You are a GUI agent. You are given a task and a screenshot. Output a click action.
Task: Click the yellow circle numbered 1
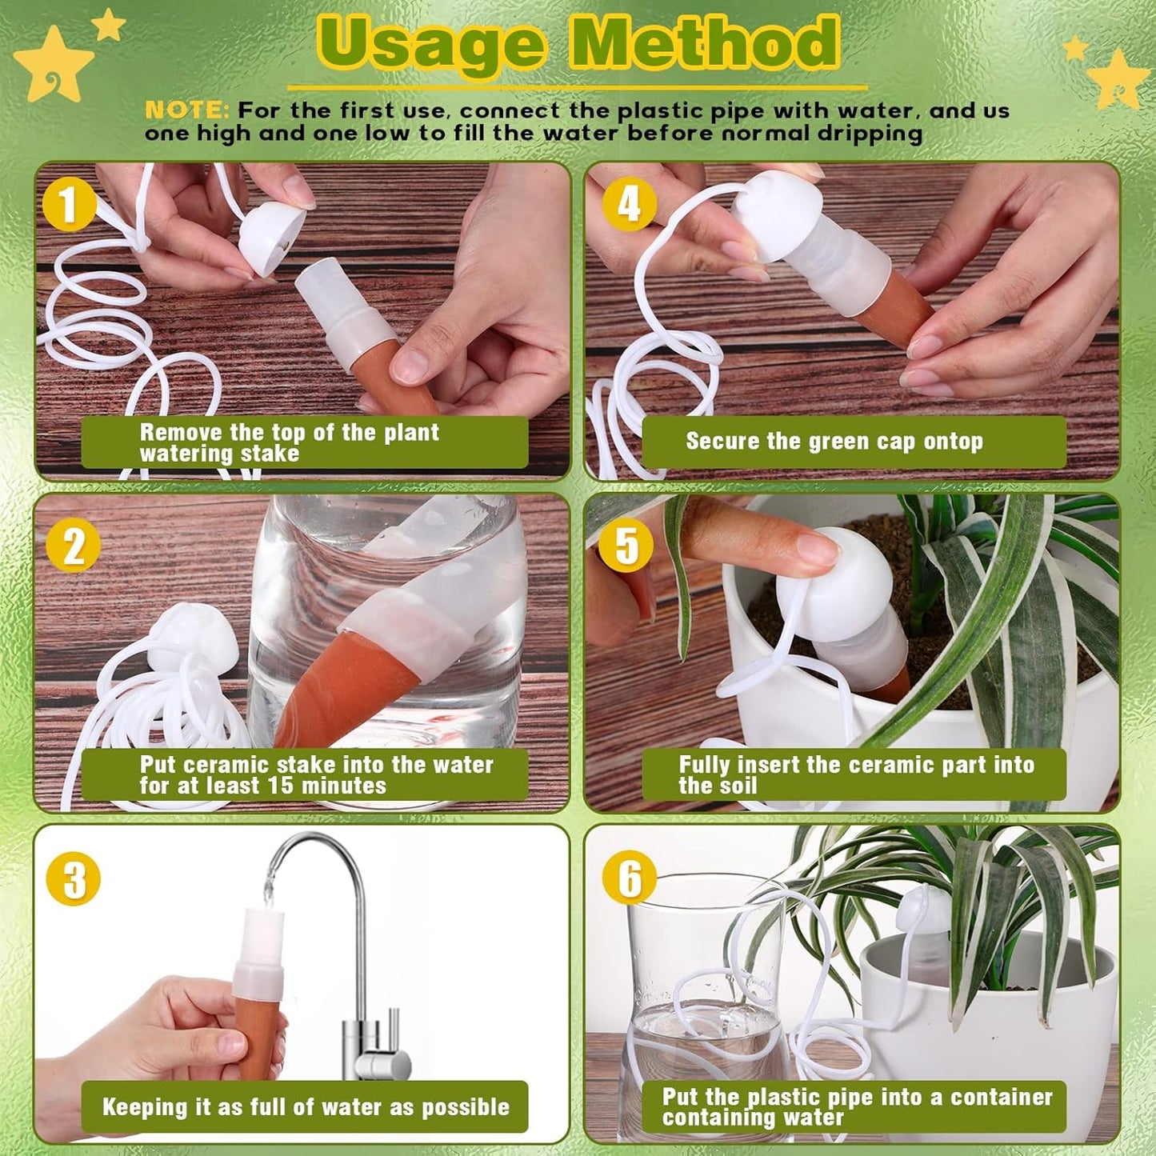70,204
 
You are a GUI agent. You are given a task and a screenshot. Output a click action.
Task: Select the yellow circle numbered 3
74,878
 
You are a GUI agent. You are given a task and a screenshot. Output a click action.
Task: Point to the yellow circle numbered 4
629,203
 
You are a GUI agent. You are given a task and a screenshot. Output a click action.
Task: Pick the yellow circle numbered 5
627,546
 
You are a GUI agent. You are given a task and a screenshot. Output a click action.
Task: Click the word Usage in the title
433,44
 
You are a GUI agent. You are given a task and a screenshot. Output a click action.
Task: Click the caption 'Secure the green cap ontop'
834,442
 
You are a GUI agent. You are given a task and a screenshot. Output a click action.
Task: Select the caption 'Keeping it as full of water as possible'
306,1106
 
